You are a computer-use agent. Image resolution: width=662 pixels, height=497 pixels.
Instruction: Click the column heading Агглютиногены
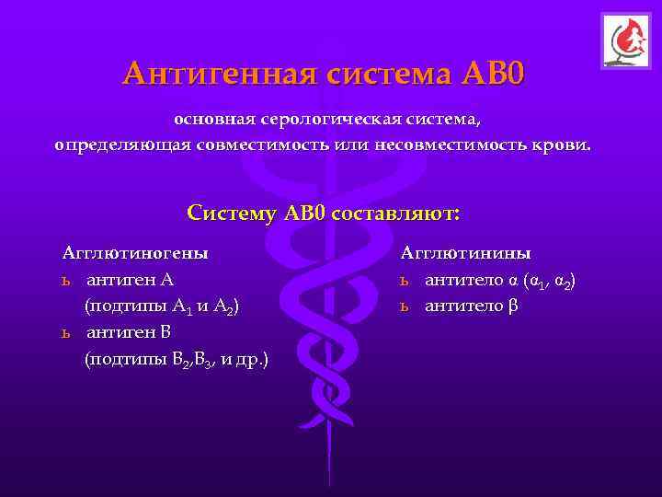pyautogui.click(x=134, y=252)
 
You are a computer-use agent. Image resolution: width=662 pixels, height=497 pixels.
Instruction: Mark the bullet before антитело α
pyautogui.click(x=404, y=280)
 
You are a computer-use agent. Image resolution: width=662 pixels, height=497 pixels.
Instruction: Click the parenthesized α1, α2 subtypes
pyautogui.click(x=550, y=280)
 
